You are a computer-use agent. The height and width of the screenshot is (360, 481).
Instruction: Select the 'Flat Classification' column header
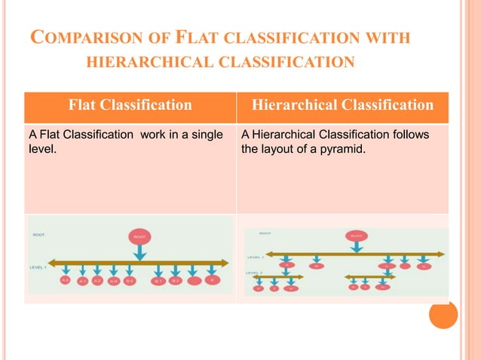coord(130,105)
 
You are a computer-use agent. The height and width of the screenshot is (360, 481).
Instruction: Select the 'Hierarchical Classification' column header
coord(342,105)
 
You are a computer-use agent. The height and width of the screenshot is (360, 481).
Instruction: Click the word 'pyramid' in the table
coord(343,148)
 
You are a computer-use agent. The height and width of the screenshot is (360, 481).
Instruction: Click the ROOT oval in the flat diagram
coord(140,236)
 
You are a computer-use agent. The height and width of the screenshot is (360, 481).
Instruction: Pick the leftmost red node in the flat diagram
coord(66,280)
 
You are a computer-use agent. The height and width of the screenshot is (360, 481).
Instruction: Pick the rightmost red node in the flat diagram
coord(213,280)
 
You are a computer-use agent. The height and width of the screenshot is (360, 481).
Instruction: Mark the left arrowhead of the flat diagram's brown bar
coord(54,262)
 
